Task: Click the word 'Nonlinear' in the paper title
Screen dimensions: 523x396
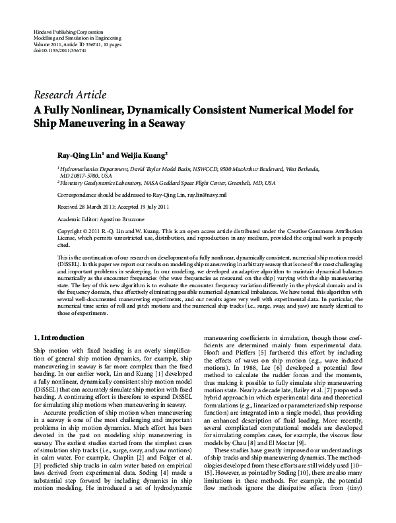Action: [x=99, y=110]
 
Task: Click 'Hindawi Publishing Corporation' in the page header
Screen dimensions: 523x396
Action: [x=68, y=32]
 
